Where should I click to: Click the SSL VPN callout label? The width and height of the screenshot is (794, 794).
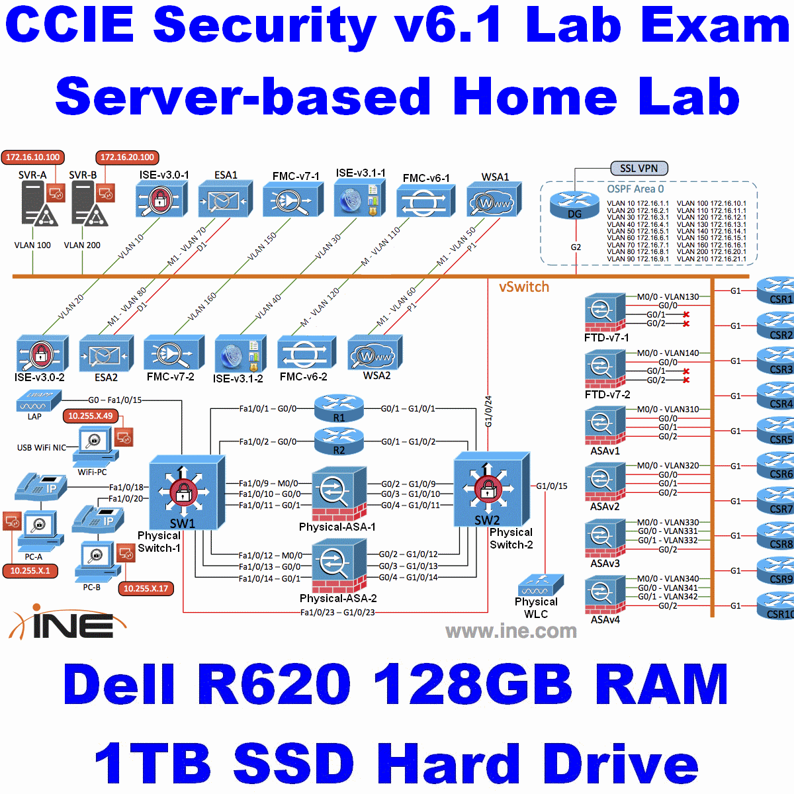click(639, 168)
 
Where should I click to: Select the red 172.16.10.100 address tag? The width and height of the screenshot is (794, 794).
click(33, 157)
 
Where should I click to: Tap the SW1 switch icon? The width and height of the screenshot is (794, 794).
click(183, 491)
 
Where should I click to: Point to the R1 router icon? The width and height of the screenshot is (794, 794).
click(339, 408)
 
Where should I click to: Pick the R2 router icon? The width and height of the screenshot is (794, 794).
click(339, 440)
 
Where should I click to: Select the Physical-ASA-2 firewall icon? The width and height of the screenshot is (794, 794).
click(339, 565)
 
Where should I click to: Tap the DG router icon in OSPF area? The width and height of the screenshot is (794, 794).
click(574, 204)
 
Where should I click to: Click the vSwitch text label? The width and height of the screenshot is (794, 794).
click(524, 287)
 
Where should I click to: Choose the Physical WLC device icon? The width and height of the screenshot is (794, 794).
click(541, 586)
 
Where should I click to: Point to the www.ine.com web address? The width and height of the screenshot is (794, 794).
click(511, 631)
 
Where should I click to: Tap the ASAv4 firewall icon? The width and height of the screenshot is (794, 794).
click(605, 596)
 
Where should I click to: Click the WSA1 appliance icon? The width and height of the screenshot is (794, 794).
click(494, 200)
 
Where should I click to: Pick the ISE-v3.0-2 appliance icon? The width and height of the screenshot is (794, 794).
click(41, 354)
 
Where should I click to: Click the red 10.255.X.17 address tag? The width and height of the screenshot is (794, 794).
click(146, 588)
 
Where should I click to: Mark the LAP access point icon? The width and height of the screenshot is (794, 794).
click(38, 401)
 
